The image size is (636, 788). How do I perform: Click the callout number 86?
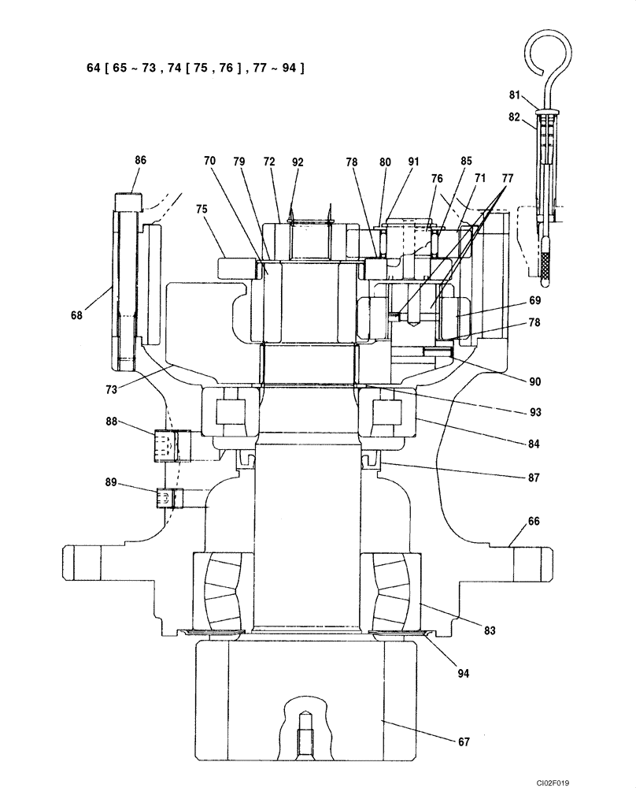point(140,160)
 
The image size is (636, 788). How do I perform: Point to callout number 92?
point(297,162)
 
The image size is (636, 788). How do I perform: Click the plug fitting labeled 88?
point(169,445)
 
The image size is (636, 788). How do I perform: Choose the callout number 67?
point(464,742)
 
